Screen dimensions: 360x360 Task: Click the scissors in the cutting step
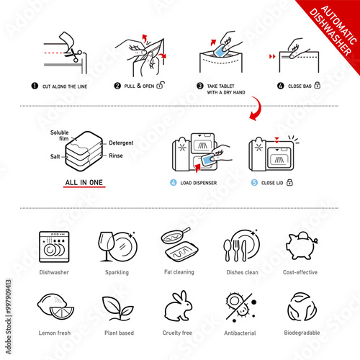(x=73, y=55)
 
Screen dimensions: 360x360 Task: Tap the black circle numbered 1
(x=35, y=86)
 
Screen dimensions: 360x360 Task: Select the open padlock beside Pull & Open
(x=161, y=85)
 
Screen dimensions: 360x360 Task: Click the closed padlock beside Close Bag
(x=318, y=85)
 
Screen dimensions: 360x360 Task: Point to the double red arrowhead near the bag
(x=272, y=57)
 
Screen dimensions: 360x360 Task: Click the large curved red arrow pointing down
(x=256, y=109)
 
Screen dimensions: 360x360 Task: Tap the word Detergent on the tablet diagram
(x=121, y=143)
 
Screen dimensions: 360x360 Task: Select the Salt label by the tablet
(x=55, y=156)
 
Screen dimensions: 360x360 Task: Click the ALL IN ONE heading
(x=84, y=182)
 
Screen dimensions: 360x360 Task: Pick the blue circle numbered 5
(x=254, y=183)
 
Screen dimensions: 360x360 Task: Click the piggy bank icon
(x=302, y=246)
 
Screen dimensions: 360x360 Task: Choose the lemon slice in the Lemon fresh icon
(x=62, y=312)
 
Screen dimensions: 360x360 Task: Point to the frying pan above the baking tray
(x=176, y=235)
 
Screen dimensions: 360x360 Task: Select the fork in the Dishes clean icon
(x=236, y=251)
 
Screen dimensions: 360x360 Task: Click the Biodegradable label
(x=302, y=333)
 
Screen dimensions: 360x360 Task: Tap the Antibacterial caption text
(x=240, y=333)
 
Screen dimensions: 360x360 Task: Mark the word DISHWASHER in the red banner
(x=330, y=32)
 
